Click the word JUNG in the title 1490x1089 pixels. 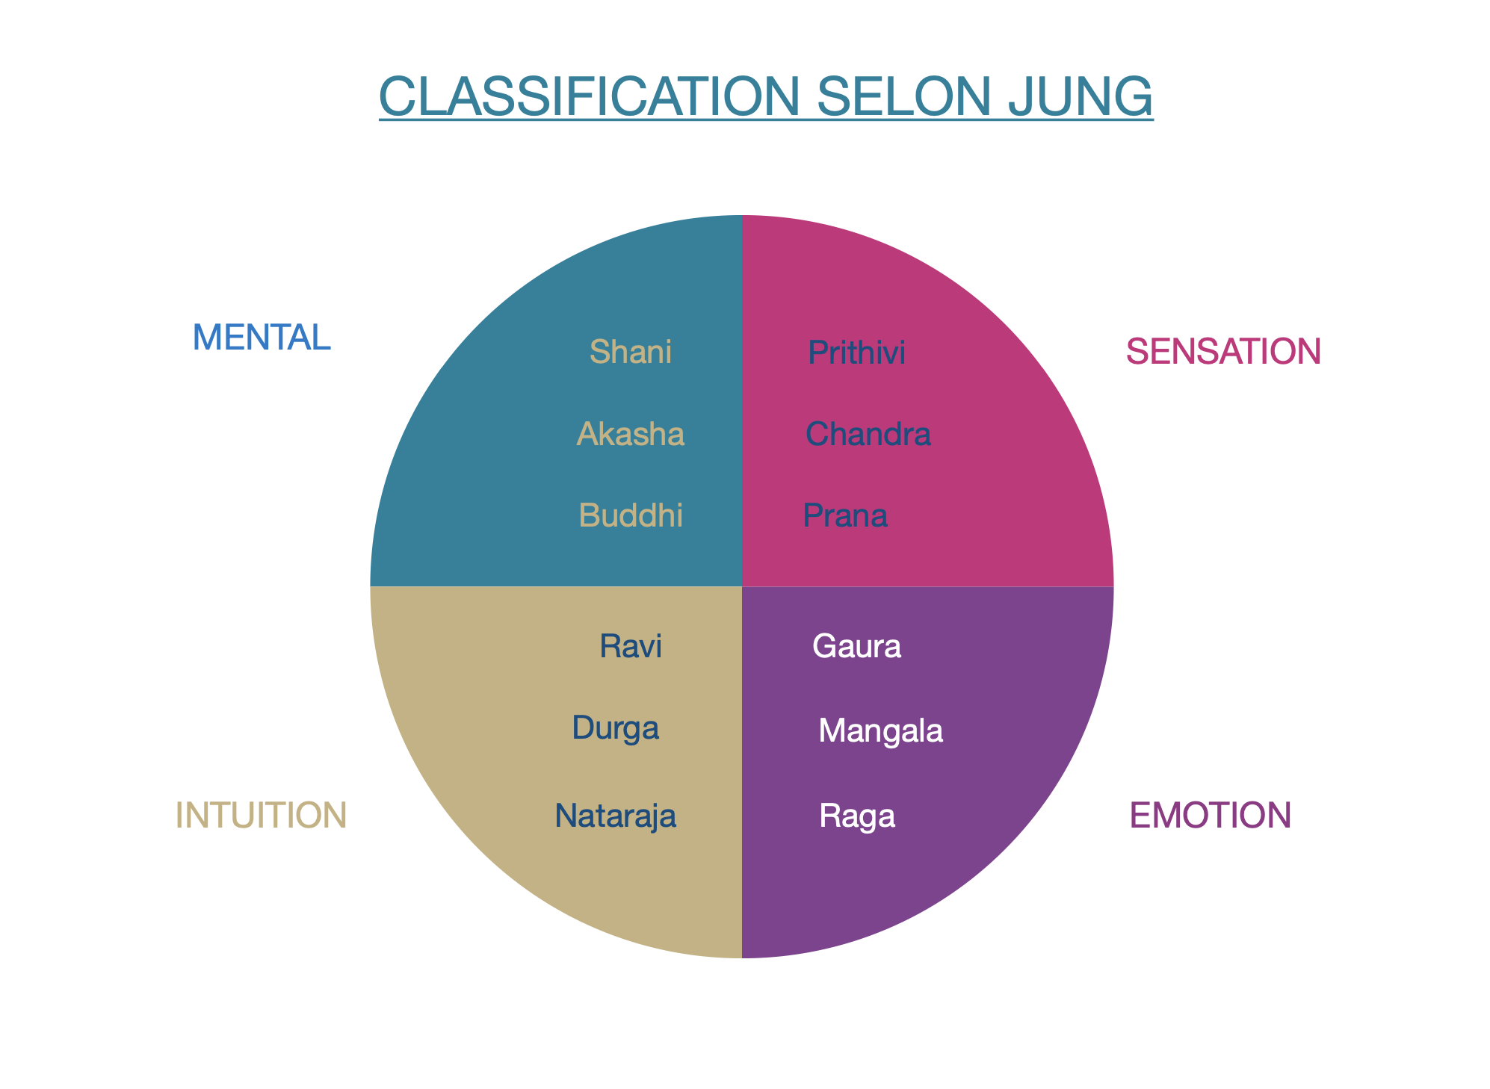tap(1080, 96)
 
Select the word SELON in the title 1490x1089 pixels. tap(906, 96)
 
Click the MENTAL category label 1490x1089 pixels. tap(262, 338)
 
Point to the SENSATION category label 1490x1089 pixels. tap(1223, 351)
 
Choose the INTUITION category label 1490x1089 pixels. tap(261, 815)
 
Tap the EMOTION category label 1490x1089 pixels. tap(1211, 815)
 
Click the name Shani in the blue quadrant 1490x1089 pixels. tap(631, 352)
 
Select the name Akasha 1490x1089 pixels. tap(631, 434)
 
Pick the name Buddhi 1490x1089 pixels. tap(631, 515)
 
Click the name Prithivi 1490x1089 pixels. tap(856, 353)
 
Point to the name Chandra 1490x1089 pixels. tap(868, 434)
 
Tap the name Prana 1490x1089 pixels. tap(845, 516)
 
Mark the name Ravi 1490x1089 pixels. tap(631, 646)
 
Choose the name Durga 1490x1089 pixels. tap(615, 727)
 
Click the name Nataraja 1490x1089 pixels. tap(615, 816)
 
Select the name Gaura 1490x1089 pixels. tap(856, 646)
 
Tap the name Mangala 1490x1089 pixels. tap(880, 730)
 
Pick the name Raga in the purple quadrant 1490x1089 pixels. tap(857, 816)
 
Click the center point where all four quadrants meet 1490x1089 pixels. tap(742, 586)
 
